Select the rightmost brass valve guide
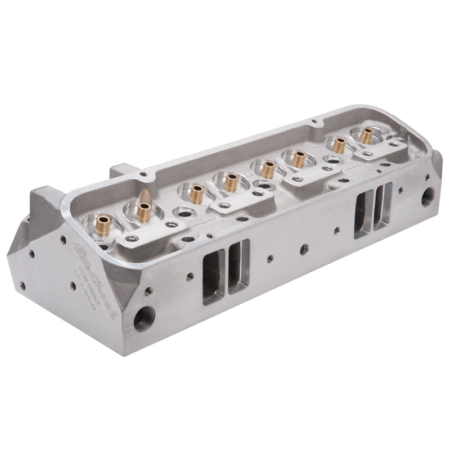pos(366,135)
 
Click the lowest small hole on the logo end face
pos(22,286)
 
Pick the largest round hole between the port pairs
pos(304,248)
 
